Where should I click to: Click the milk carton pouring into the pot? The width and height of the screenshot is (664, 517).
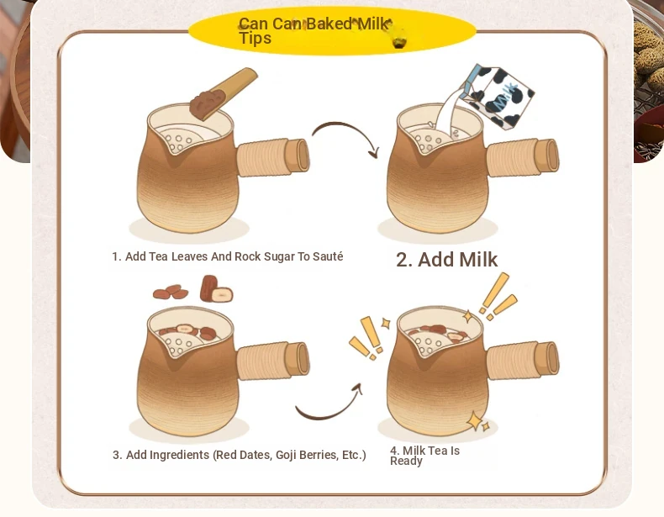tap(498, 97)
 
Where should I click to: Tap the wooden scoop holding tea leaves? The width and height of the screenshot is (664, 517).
tap(224, 94)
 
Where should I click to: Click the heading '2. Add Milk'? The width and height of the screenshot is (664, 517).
tap(447, 260)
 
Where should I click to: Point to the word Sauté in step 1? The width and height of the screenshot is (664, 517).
tap(328, 256)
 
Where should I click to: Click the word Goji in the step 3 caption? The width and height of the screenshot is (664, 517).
tap(287, 455)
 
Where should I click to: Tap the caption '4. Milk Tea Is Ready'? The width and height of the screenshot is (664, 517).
tap(424, 456)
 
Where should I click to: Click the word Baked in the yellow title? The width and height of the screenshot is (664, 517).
tap(329, 24)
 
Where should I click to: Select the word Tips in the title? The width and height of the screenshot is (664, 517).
tap(255, 38)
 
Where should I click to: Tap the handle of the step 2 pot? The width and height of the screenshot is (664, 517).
tap(523, 157)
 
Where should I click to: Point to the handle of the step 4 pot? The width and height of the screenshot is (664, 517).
tap(523, 361)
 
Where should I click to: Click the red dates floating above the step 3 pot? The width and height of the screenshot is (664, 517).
tap(216, 289)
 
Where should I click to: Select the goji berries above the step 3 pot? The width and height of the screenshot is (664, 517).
tap(171, 293)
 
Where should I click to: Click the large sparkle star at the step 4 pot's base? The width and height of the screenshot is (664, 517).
tap(475, 421)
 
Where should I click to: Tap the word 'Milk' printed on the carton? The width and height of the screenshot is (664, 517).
tap(506, 97)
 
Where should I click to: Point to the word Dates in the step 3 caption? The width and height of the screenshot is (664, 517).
tap(256, 455)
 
